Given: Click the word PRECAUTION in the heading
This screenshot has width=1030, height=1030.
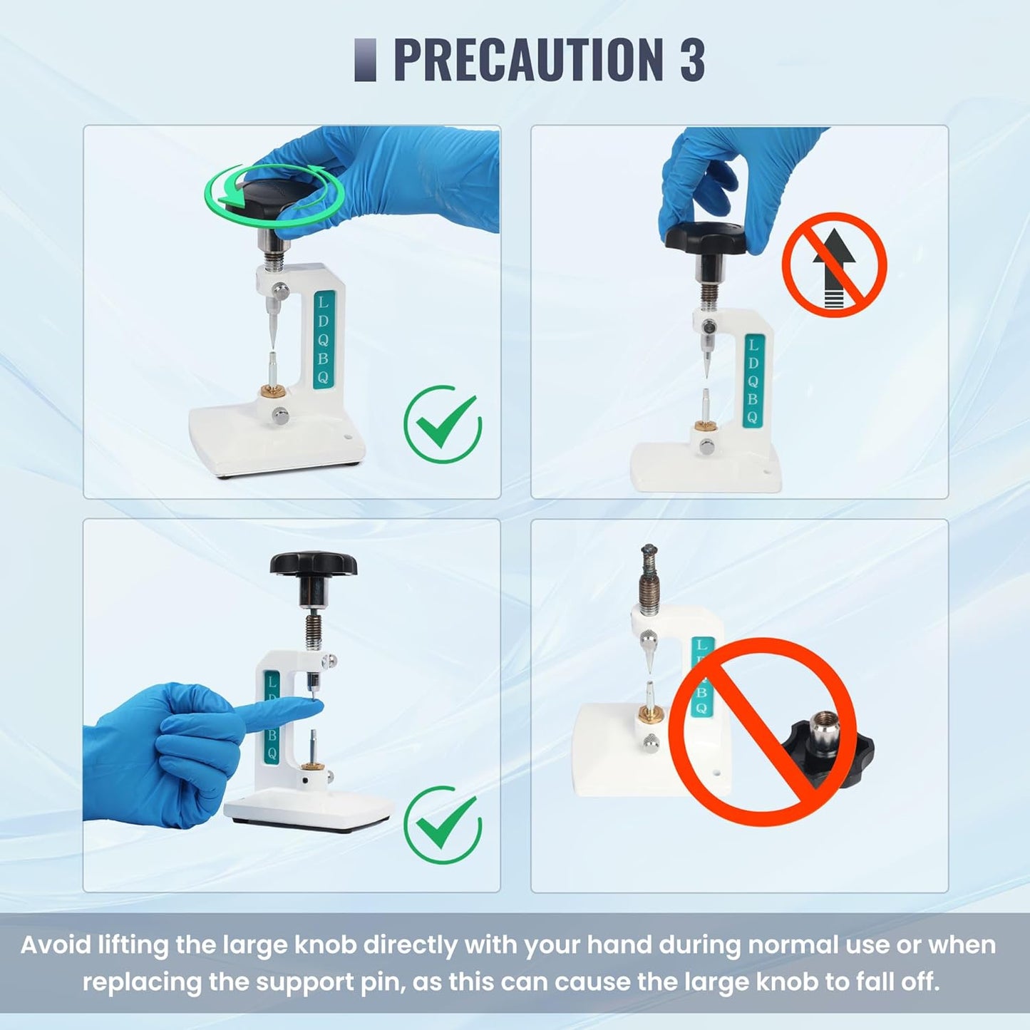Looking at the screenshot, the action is point(529,59).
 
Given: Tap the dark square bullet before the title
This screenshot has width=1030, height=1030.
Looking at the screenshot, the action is point(366,59).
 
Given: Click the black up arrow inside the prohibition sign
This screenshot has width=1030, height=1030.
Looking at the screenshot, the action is point(835,279).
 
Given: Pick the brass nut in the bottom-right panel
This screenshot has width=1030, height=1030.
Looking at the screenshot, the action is point(649,713).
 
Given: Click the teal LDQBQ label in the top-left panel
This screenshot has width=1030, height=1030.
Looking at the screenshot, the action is point(324,339).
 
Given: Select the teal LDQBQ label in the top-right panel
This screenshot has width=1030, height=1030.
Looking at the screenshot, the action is point(753,381).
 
